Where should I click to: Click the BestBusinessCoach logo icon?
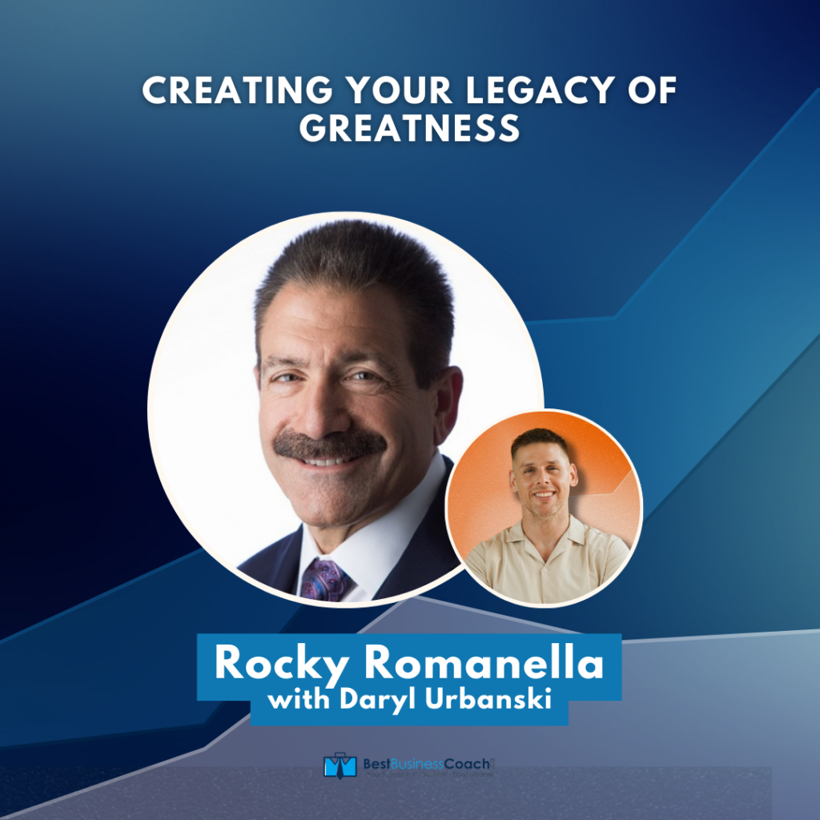click(339, 765)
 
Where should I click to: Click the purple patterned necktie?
click(324, 578)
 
